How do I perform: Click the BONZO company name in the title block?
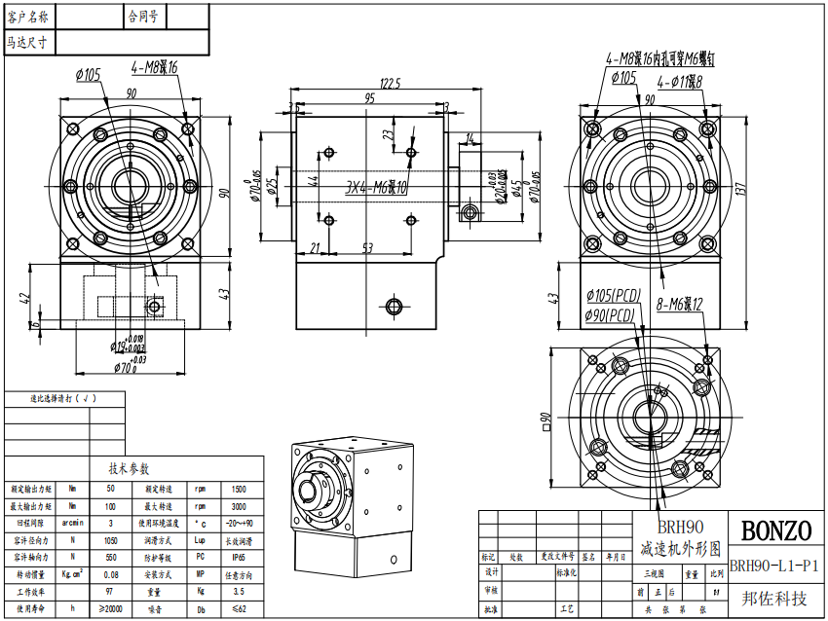coord(776,531)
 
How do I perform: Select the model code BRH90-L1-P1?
coord(774,566)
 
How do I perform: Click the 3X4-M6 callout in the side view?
coord(376,188)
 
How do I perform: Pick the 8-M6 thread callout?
coord(679,304)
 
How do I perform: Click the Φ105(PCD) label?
coord(613,295)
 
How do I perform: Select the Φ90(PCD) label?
coord(611,314)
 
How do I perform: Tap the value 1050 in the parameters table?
coord(109,539)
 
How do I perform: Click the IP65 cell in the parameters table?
coord(237,557)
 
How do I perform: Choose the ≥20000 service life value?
coord(109,609)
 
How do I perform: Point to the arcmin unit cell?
coord(72,523)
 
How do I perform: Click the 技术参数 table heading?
coord(132,468)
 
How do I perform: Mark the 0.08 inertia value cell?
coord(109,574)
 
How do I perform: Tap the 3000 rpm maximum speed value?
coord(237,505)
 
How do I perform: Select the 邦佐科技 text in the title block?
coord(774,599)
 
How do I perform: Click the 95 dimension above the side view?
coord(370,99)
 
